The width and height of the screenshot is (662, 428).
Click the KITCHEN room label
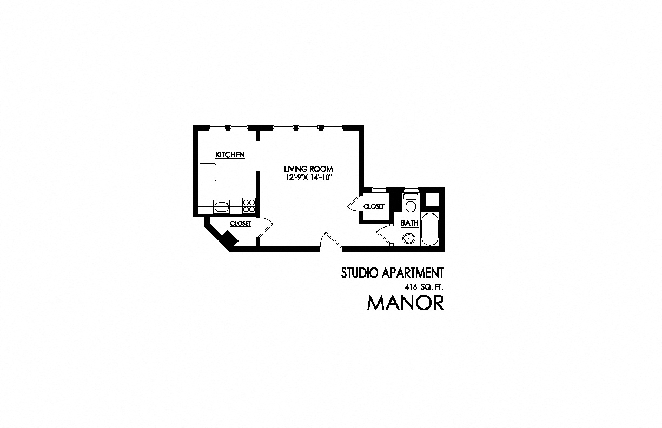click(230, 155)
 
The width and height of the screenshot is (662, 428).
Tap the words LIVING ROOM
click(308, 169)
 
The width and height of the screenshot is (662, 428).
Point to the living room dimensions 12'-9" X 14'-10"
click(308, 177)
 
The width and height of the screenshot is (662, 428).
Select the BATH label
click(409, 223)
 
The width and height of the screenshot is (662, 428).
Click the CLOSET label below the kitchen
click(241, 223)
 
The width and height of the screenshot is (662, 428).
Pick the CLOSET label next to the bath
click(374, 206)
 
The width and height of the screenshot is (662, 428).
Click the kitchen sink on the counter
click(222, 206)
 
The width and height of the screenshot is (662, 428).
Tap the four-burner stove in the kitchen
click(249, 206)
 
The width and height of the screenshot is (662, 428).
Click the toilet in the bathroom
click(411, 205)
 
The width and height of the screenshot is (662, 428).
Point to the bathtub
click(431, 230)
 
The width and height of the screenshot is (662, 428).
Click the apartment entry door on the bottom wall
click(330, 241)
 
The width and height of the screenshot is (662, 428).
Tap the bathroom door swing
click(383, 236)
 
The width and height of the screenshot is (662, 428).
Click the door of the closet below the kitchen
click(264, 227)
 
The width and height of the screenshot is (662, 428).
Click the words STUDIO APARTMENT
click(392, 273)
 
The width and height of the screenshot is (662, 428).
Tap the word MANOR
click(406, 303)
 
